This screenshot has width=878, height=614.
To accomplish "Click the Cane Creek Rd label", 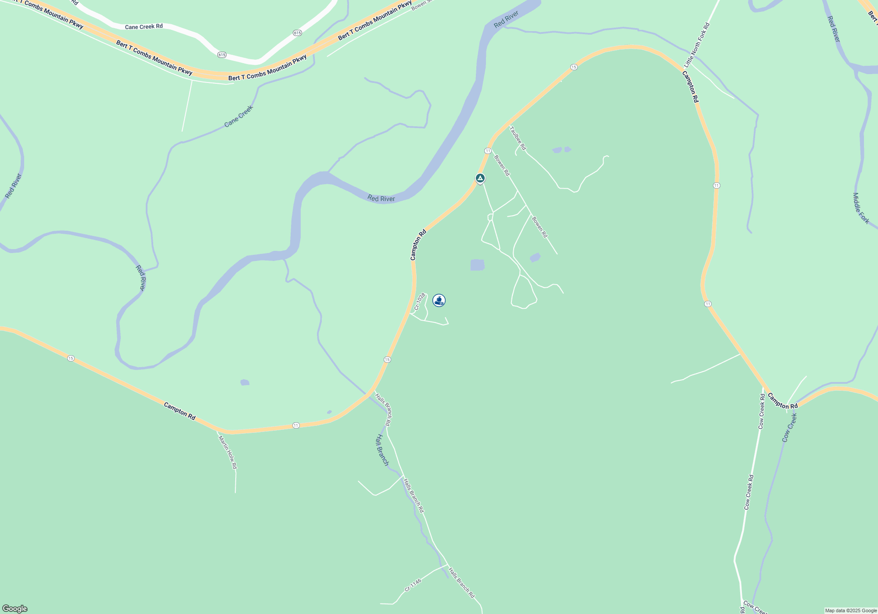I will [144, 27].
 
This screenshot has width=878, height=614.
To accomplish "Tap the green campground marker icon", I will [480, 178].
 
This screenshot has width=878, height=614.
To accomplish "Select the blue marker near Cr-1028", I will [439, 300].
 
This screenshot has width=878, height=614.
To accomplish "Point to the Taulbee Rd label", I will [518, 138].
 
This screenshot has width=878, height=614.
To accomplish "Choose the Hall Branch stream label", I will [382, 450].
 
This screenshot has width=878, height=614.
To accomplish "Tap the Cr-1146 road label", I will [413, 585].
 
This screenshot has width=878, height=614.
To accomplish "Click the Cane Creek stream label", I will [238, 116].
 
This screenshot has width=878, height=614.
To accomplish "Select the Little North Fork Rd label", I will [697, 45].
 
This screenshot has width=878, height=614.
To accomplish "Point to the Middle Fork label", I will [861, 208].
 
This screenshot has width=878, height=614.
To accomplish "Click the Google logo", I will [15, 609].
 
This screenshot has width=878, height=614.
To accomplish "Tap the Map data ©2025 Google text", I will [850, 610].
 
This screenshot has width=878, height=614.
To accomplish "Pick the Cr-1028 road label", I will [420, 302].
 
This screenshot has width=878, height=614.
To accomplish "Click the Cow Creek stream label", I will [789, 428].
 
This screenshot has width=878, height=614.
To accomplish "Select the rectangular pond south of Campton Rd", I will [477, 265].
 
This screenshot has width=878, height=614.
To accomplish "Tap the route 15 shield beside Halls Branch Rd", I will [387, 360].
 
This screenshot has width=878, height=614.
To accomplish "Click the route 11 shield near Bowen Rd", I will [488, 151].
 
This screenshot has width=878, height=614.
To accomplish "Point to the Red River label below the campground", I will [381, 199].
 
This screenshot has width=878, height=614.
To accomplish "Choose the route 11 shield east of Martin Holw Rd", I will [296, 425].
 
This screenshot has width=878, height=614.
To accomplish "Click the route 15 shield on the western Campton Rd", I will [71, 358].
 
